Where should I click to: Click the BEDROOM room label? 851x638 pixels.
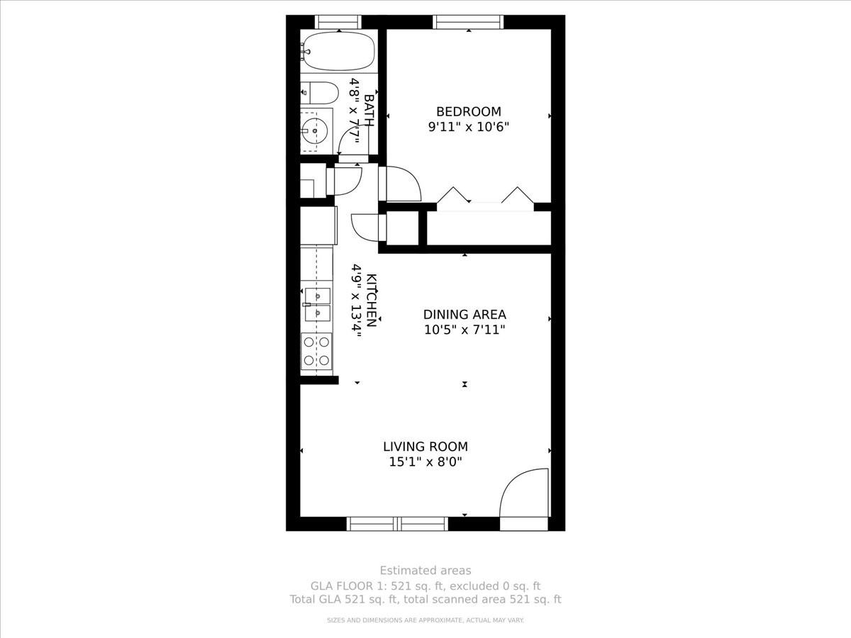pos(468,111)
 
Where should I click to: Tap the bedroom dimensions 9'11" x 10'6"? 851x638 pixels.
pos(468,127)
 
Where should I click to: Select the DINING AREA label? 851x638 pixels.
pos(465,315)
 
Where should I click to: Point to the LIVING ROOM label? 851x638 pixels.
pos(425,447)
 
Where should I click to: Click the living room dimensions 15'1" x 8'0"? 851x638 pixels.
pos(425,462)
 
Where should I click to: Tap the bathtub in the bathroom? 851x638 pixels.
pos(338,51)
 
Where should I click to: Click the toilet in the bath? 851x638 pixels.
pos(319,93)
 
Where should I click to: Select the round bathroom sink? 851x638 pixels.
pos(314,131)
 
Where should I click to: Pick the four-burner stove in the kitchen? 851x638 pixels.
pos(316,351)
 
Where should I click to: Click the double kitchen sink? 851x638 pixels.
pos(318,305)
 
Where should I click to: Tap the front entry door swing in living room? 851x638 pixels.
pos(524,493)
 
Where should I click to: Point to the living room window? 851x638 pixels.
pos(397,524)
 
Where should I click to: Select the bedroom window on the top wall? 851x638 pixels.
pos(468,22)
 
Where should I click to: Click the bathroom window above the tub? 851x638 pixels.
pos(338,22)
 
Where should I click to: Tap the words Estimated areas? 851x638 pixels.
pos(425,571)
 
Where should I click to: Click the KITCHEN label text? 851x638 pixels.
pos(371,301)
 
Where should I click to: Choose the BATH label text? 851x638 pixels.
pos(369,110)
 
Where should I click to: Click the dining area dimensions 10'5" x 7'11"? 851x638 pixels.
pos(465,330)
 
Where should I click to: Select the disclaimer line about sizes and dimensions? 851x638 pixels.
pos(425,620)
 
